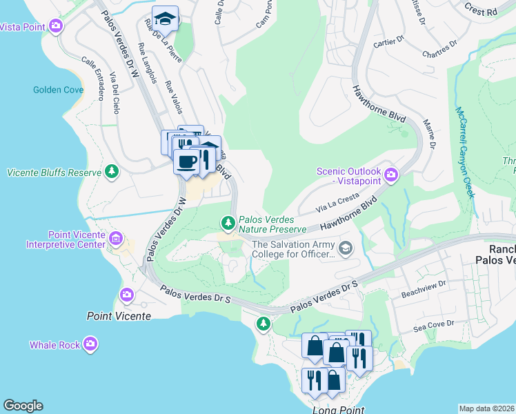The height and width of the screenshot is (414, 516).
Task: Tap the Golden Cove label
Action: pos(58,90)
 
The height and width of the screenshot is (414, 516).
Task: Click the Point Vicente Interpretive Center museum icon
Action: pos(116,239)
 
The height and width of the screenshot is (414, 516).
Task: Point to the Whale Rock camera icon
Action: pos(91,344)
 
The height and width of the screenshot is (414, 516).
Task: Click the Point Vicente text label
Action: pos(118,316)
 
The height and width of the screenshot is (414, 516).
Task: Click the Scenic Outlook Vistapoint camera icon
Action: pos(391,175)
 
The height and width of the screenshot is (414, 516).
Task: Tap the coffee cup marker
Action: pos(186,162)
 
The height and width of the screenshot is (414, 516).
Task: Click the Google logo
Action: pos(23,406)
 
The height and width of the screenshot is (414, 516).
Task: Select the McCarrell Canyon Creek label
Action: pos(464,152)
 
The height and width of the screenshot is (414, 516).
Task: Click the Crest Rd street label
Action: pos(480,12)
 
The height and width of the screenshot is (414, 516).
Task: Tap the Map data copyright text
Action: pos(486,408)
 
